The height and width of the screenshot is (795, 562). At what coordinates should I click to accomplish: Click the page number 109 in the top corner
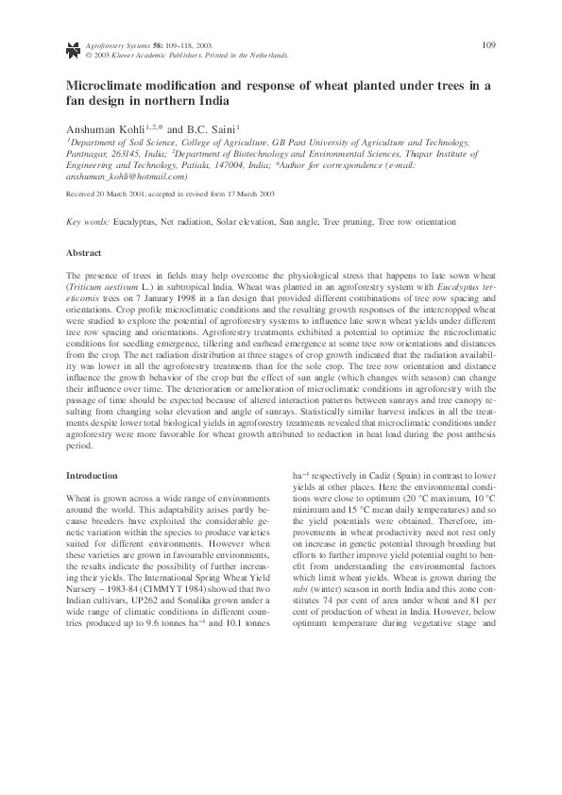[x=488, y=44]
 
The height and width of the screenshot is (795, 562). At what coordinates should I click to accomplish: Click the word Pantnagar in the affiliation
[x=87, y=151]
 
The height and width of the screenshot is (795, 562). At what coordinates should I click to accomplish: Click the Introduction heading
[x=92, y=476]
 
